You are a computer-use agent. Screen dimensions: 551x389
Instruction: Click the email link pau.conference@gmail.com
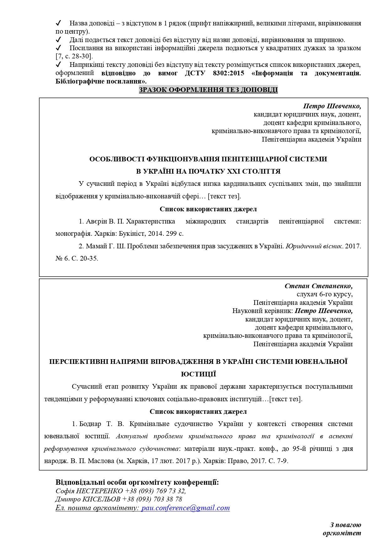pos(185,508)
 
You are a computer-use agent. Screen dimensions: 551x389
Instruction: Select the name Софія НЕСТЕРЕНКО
pos(89,491)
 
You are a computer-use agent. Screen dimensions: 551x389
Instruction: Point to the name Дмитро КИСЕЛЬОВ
pos(88,499)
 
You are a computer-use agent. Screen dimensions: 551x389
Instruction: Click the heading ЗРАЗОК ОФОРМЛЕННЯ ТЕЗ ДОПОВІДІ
pos(208,90)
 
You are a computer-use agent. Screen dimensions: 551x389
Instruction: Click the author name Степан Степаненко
pos(318,286)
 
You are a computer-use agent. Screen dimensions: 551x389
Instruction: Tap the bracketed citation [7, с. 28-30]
pos(74,57)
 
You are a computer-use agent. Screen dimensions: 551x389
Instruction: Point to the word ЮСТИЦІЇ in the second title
pos(199,374)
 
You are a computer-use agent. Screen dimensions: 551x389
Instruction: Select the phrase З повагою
pos(346,525)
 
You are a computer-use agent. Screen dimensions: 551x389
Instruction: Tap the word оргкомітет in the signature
pos(342,533)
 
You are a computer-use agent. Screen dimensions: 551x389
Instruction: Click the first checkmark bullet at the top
pos(58,23)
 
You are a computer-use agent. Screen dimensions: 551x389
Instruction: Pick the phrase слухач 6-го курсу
pos(324,294)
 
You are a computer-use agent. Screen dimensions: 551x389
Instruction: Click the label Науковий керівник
pos(262,311)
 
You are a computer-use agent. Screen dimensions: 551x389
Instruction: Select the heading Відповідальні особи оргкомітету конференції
pos(137,482)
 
